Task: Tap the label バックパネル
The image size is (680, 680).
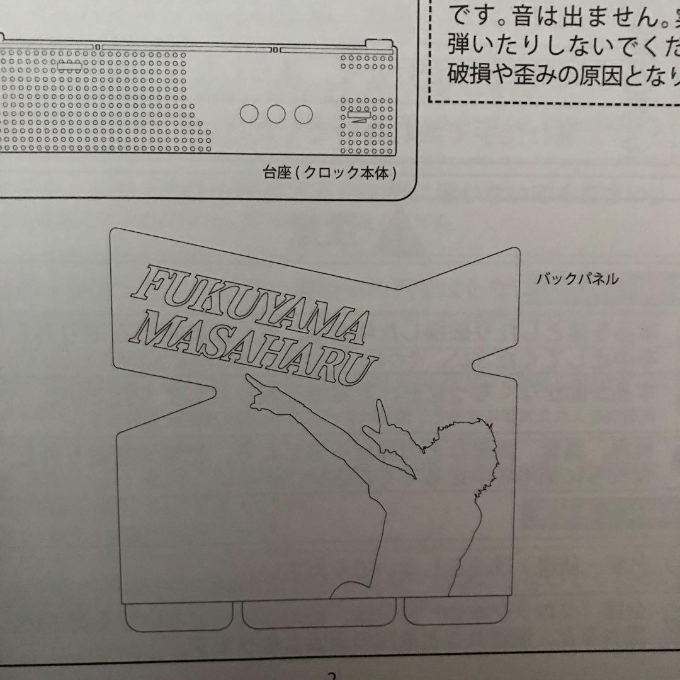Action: (x=577, y=279)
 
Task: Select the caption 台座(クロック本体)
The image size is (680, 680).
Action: (x=331, y=173)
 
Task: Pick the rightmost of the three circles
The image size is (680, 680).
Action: (x=303, y=113)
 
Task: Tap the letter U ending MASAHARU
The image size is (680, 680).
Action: (x=363, y=371)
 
